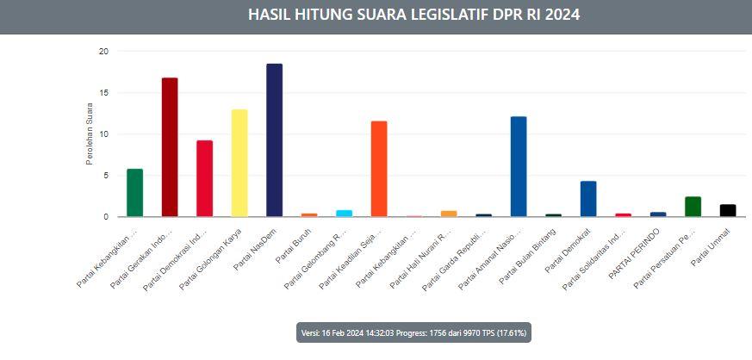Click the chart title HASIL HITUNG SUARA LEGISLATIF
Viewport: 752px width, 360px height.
[413, 15]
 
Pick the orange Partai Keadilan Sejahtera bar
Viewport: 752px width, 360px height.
[378, 169]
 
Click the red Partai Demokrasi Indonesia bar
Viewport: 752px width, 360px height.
[204, 178]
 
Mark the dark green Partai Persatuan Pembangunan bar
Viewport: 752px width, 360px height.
[693, 207]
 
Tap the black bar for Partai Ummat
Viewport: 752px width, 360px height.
[728, 210]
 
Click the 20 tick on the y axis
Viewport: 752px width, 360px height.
[103, 52]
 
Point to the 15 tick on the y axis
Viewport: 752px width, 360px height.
[103, 93]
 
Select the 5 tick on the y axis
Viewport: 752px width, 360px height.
[106, 176]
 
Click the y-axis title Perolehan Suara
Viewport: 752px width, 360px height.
[90, 133]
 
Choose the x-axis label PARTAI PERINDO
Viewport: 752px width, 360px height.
[637, 249]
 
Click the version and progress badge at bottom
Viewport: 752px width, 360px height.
[413, 332]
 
